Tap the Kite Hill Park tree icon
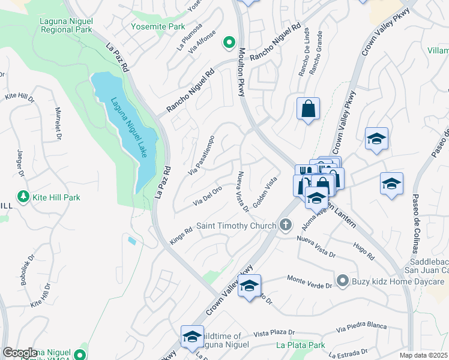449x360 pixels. point(23,197)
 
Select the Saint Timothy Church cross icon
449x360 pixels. point(286,225)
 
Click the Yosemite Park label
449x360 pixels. point(158,27)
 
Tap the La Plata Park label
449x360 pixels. point(301,345)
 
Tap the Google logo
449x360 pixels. point(20,353)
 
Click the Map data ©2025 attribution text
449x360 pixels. point(424,356)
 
